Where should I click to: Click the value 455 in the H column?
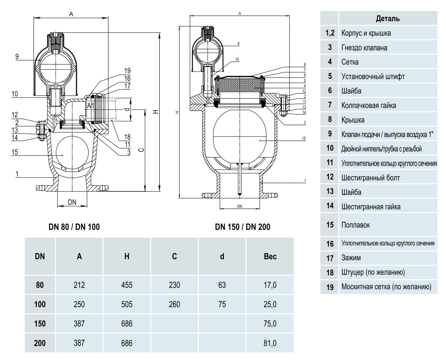point(127,285)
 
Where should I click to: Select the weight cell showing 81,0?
point(270,343)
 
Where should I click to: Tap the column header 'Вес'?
point(270,256)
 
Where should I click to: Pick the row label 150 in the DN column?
point(40,324)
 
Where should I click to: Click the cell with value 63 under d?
point(222,285)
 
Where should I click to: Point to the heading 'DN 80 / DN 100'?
point(74,227)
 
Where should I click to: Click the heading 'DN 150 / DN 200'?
point(242,227)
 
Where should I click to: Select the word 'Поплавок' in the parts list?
point(356,225)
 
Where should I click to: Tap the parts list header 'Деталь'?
point(388,18)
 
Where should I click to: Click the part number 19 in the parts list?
point(330,287)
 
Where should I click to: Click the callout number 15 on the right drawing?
point(303,139)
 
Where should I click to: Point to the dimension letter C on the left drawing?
point(141,150)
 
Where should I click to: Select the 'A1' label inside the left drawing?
point(91,105)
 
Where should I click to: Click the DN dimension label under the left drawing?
point(72,202)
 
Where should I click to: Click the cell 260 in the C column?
point(174,304)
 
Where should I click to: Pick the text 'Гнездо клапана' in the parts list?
point(364,48)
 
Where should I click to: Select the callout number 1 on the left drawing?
point(17,174)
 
